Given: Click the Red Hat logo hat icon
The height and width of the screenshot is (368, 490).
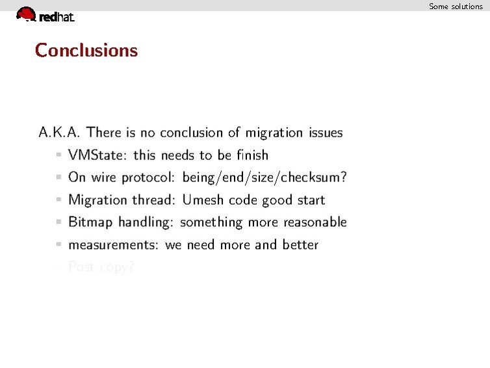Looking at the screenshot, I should click(x=25, y=14).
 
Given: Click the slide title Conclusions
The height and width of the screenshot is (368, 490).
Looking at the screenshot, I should click(x=86, y=50).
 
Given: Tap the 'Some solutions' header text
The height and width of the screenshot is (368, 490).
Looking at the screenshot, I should click(x=456, y=6).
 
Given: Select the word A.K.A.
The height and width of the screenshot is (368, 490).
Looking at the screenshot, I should click(x=59, y=133).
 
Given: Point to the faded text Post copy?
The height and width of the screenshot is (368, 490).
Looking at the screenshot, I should click(x=101, y=267).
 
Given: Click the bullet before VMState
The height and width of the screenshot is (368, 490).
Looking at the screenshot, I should click(x=58, y=155).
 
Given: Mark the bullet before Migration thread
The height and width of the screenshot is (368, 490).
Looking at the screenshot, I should click(x=58, y=200).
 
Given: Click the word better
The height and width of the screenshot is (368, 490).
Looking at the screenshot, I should click(x=300, y=245).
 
